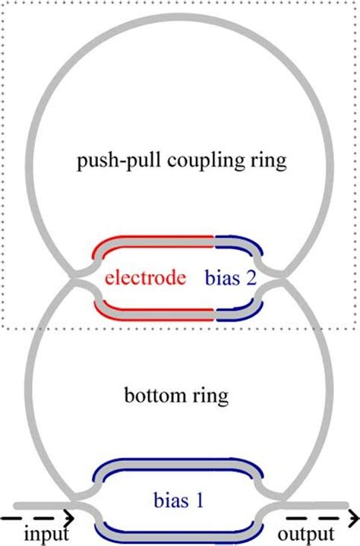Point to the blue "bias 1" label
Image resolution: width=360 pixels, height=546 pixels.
pos(179,500)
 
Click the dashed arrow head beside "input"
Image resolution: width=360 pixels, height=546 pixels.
pos(68,519)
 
